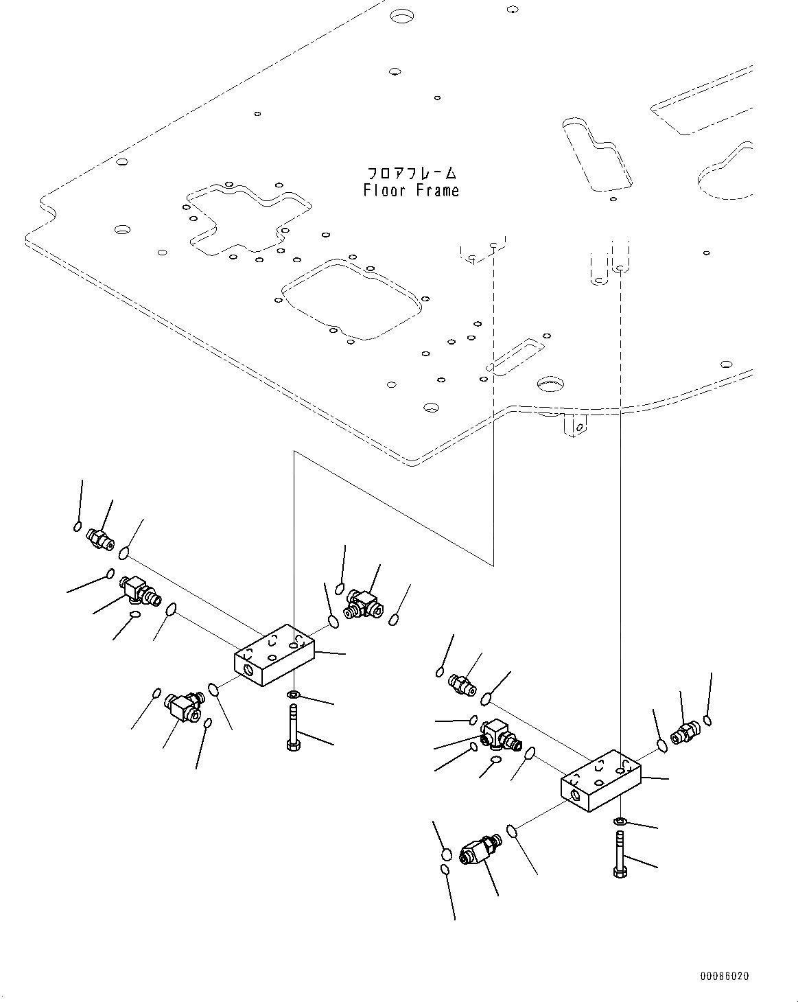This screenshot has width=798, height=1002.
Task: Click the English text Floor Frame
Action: click(411, 191)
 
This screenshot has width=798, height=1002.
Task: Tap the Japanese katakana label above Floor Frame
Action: click(411, 173)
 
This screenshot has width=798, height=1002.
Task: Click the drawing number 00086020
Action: click(725, 975)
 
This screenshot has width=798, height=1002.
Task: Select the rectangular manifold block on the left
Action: click(274, 655)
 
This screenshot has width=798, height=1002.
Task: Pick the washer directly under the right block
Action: click(619, 821)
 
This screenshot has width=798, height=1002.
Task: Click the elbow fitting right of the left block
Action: click(361, 602)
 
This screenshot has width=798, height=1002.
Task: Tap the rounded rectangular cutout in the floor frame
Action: click(350, 299)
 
